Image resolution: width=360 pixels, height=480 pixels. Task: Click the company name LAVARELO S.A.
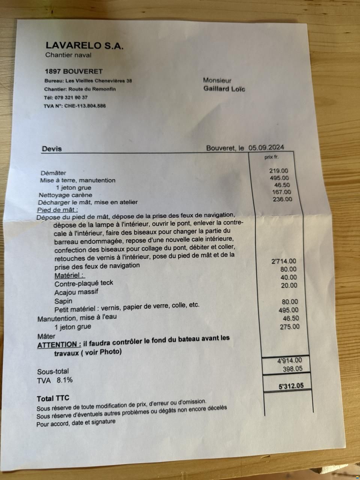[84, 46]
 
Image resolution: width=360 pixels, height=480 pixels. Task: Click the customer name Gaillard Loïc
[224, 89]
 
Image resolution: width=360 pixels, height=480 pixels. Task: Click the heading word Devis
[52, 149]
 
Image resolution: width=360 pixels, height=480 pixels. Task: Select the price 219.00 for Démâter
[279, 171]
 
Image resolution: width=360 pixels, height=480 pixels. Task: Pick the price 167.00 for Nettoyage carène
[281, 192]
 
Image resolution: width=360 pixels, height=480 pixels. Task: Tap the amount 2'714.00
[283, 261]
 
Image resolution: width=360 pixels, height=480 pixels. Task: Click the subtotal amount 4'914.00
[289, 361]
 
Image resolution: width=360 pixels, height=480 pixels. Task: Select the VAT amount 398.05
[292, 369]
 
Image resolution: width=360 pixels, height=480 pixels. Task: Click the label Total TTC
[53, 398]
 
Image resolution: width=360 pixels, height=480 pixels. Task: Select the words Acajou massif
[76, 292]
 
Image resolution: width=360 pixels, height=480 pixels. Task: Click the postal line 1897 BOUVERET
[73, 71]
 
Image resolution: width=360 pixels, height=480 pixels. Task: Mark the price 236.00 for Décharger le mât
[283, 199]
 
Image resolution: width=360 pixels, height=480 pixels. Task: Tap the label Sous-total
[53, 372]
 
